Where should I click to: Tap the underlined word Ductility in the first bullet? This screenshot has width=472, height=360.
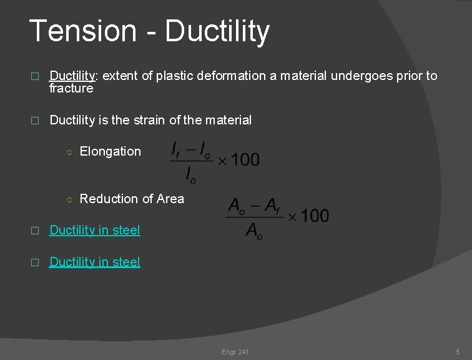pos(72,76)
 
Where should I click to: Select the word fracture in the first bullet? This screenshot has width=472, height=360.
pos(71,89)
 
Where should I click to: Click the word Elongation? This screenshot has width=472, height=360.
pos(111,151)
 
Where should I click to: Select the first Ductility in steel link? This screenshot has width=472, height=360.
pos(95,230)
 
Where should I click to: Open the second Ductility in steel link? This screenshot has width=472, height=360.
pos(95,262)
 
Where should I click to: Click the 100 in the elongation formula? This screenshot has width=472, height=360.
pos(245,160)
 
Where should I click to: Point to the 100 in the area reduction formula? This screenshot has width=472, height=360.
pos(315,216)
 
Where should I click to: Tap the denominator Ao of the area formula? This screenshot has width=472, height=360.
pos(254,231)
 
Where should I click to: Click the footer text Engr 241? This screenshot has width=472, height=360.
pos(235,352)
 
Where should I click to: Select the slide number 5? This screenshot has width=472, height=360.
pos(458,352)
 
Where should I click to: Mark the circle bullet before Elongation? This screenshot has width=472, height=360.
pos(70,152)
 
